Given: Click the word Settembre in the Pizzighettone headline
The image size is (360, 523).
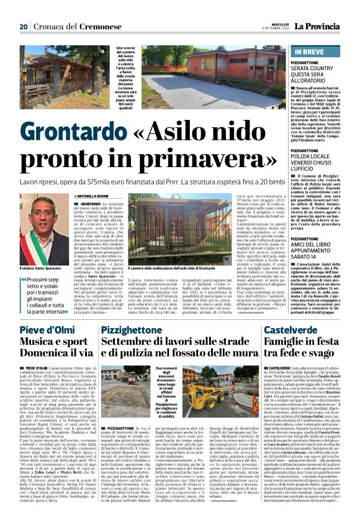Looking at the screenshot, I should [131, 343].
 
